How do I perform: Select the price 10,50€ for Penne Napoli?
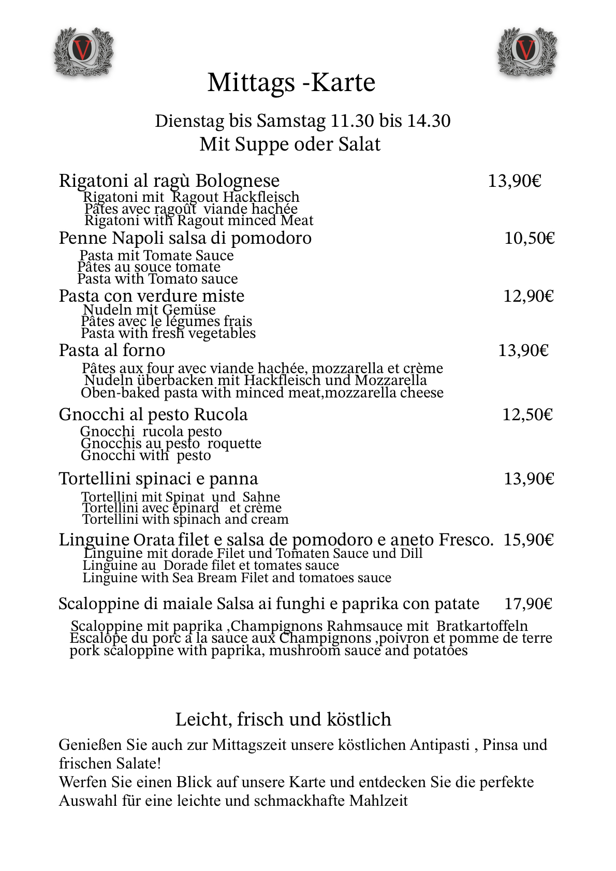[529, 238]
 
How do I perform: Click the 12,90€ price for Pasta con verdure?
[529, 296]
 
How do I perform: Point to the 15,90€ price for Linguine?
[529, 540]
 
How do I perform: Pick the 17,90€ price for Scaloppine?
[528, 604]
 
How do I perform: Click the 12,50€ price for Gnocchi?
[527, 415]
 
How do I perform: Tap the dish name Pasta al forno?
[112, 350]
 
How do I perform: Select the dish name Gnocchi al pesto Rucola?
[153, 415]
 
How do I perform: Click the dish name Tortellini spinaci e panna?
[158, 479]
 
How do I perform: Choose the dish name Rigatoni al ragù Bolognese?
[169, 181]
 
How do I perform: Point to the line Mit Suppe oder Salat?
[290, 144]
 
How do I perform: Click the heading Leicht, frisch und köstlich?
[283, 719]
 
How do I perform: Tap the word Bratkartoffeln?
[482, 626]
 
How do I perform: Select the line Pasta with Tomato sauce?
[157, 279]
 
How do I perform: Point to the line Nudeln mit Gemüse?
[149, 309]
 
